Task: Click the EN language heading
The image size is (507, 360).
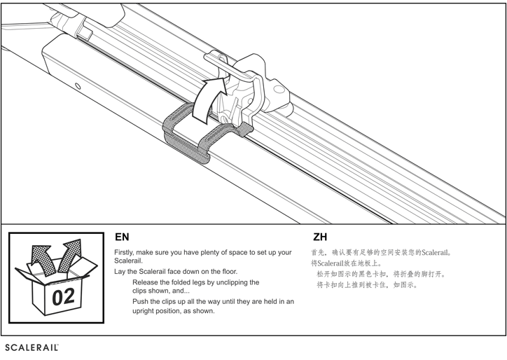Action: coord(122,237)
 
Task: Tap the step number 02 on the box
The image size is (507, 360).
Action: coord(63,296)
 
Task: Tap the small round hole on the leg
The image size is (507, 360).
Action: coord(78,87)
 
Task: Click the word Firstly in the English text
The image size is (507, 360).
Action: coord(124,252)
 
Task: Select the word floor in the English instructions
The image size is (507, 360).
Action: coord(228,271)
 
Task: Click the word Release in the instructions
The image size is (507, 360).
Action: coord(146,282)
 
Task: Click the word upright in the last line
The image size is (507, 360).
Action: coord(148,311)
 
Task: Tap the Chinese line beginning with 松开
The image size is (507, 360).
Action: coord(381,275)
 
